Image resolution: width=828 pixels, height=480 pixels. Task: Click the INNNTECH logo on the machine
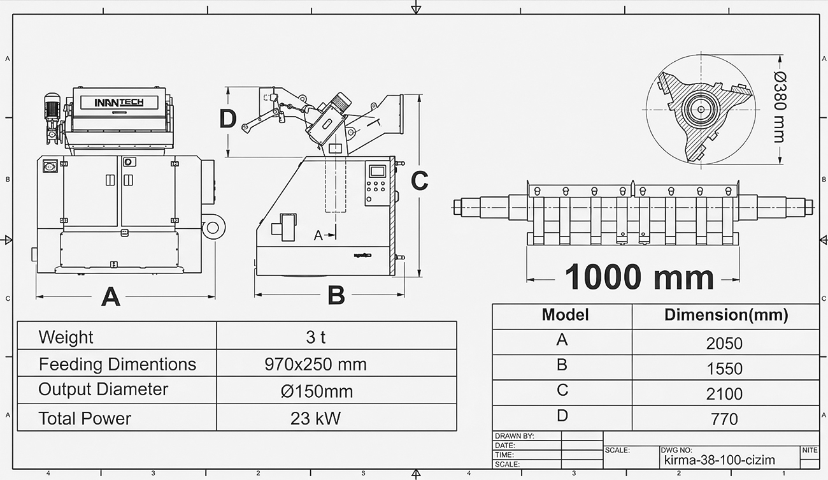(119, 102)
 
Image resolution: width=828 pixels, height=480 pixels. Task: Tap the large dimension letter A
(111, 297)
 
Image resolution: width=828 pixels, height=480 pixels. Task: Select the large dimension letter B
(336, 295)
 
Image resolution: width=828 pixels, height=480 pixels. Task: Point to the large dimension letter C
(420, 180)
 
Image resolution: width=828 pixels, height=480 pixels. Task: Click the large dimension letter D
(228, 119)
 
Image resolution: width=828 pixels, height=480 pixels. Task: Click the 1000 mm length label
(639, 277)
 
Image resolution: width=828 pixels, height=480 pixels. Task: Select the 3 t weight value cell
(316, 337)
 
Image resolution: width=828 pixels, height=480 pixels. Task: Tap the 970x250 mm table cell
(315, 365)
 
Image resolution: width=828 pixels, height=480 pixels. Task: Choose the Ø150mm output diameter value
(317, 391)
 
